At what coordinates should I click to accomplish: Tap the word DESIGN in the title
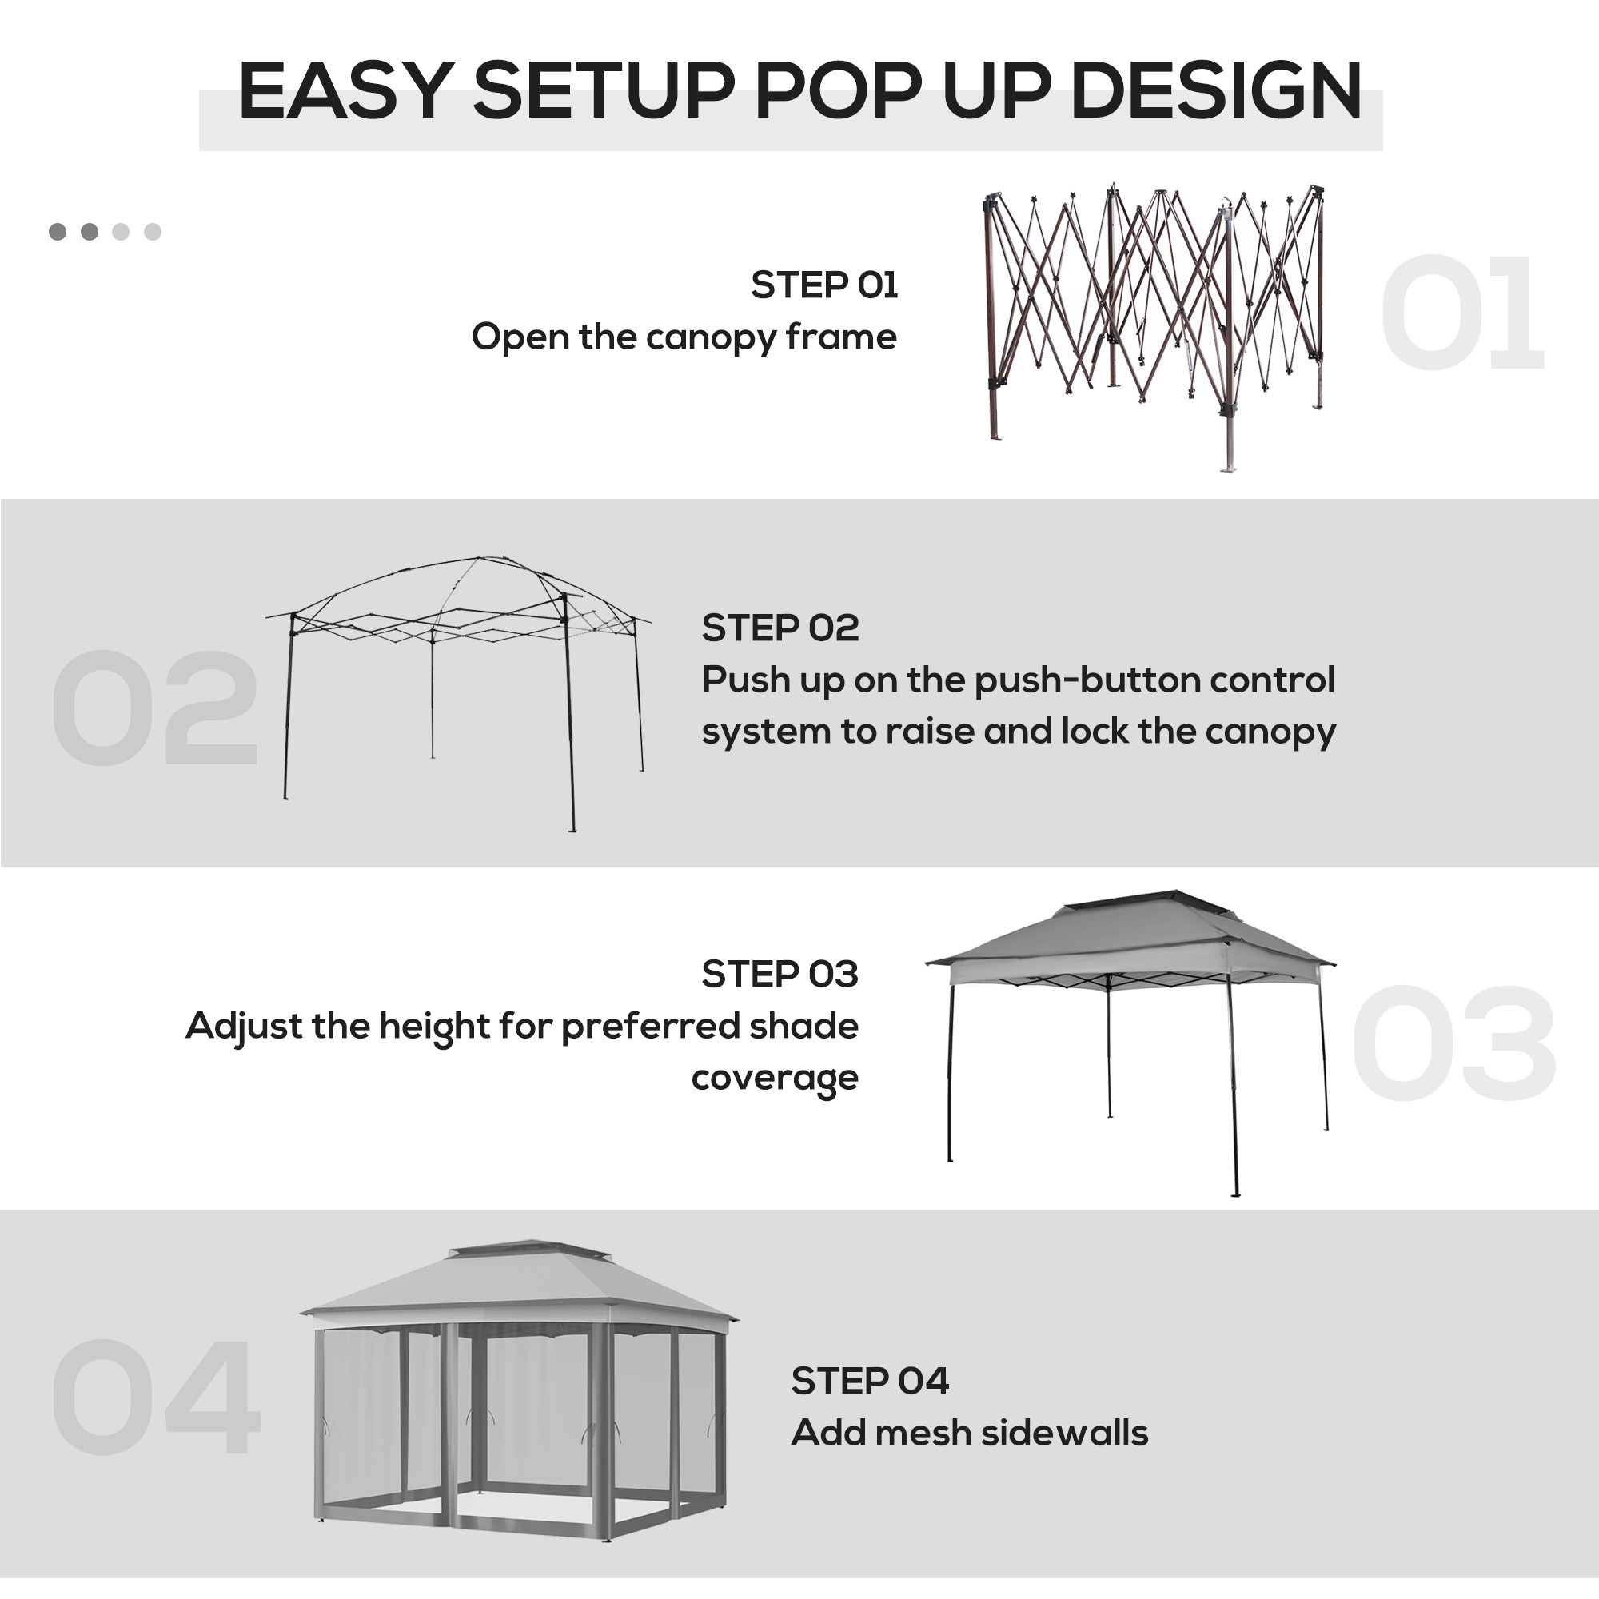1216,90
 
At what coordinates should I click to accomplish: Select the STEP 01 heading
824,285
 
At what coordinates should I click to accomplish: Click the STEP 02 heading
780,628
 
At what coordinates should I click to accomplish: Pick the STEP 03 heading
780,974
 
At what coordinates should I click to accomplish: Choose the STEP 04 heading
870,1382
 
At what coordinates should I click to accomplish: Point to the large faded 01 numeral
1461,313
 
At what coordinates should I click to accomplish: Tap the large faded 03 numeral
1454,1044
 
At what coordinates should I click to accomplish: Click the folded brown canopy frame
1155,327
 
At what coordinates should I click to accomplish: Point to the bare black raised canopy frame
458,693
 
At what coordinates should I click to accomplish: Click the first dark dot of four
58,232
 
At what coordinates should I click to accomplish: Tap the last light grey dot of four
152,232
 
